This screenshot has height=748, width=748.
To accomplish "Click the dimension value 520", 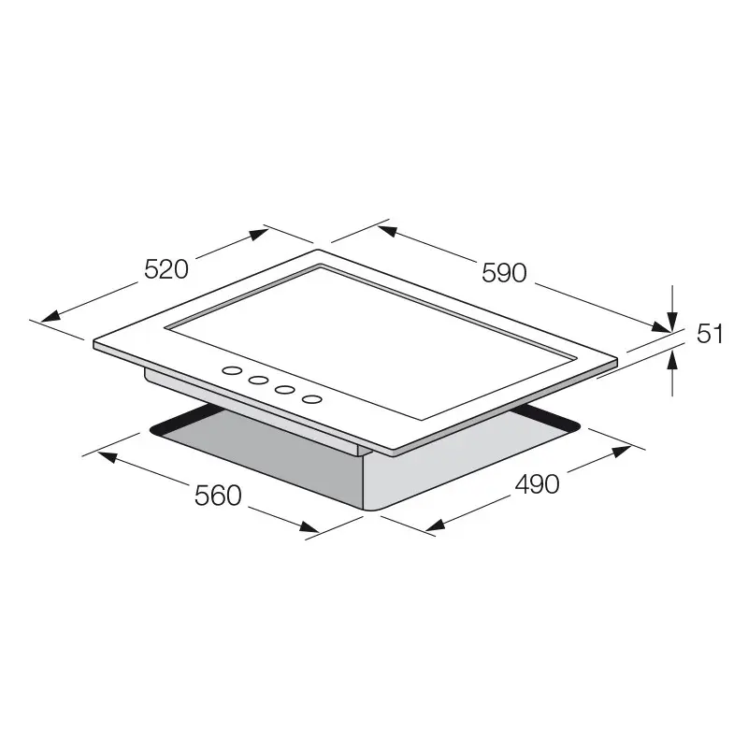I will tap(167, 269).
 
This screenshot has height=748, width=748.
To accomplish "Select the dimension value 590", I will tap(505, 272).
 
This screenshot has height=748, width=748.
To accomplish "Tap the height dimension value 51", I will tap(711, 334).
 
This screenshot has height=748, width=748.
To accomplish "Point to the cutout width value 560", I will tap(218, 496).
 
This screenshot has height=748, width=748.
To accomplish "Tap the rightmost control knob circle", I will tap(312, 399).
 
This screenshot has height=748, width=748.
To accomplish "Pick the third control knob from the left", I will tap(284, 389).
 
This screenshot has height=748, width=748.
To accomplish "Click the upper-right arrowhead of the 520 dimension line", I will tap(261, 235).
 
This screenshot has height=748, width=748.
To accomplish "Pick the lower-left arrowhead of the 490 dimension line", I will tap(432, 526).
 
